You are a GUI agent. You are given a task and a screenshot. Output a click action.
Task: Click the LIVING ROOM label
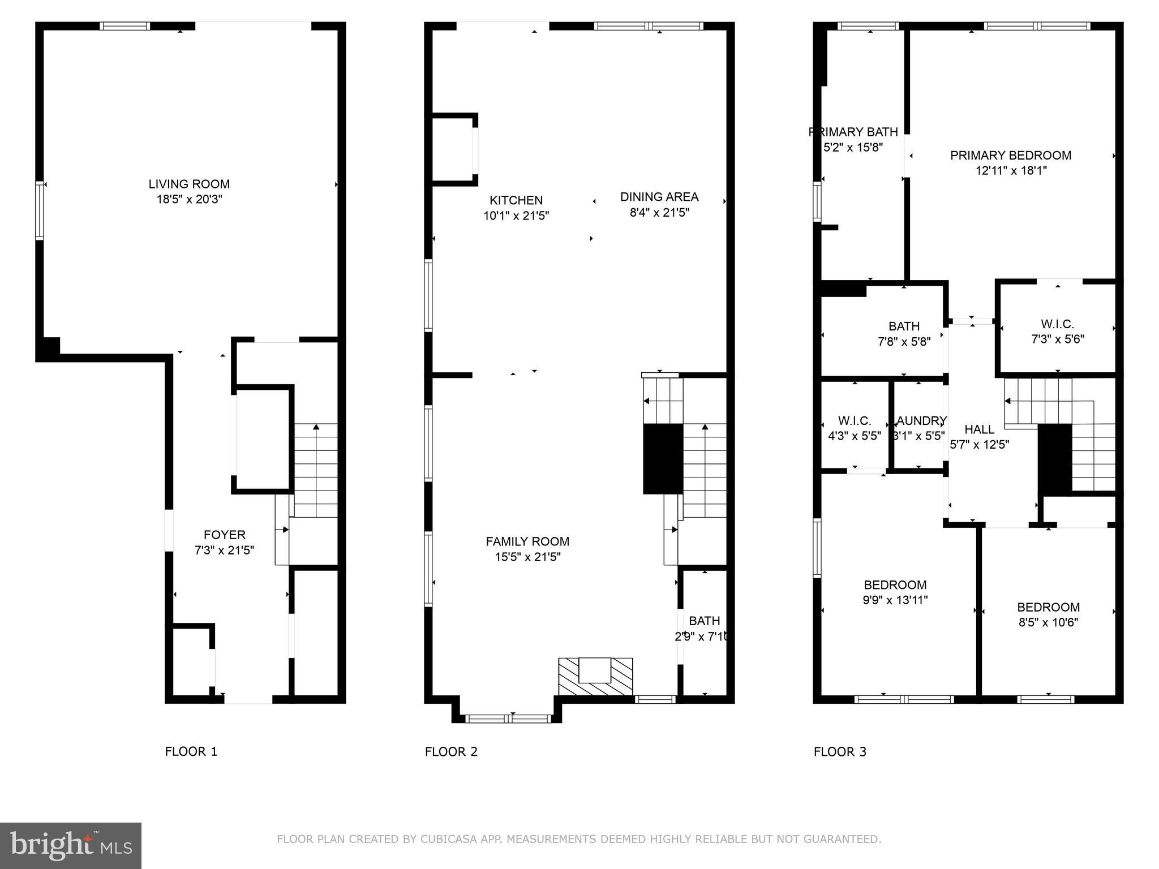(x=189, y=184)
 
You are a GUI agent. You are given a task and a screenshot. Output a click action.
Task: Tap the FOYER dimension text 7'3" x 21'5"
(x=224, y=550)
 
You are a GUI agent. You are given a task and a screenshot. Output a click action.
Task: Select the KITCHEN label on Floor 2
(x=516, y=200)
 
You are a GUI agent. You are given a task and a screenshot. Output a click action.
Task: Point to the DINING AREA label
(x=659, y=197)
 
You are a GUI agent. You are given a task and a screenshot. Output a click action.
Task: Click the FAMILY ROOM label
(x=527, y=541)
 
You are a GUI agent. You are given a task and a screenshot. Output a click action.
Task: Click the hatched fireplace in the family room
(x=595, y=677)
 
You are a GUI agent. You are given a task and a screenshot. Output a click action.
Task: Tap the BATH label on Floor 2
(x=704, y=621)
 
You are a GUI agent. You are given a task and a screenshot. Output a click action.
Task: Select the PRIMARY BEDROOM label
(x=1010, y=155)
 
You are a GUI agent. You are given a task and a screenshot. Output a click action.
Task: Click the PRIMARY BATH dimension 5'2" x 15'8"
(x=853, y=147)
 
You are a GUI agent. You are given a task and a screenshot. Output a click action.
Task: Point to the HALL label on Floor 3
(x=979, y=429)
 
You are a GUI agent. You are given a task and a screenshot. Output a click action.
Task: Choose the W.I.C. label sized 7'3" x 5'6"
(x=1057, y=324)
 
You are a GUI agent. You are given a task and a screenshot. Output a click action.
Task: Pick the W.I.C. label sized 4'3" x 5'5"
(x=854, y=421)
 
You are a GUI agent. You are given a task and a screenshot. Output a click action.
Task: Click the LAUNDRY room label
(x=920, y=421)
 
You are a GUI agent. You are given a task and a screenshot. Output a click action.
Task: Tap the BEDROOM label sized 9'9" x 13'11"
(x=895, y=584)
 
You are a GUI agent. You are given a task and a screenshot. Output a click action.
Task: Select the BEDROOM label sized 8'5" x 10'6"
(x=1048, y=607)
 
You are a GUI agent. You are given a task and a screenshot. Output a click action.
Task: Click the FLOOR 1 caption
(x=191, y=751)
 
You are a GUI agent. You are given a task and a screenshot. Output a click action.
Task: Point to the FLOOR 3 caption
(x=840, y=751)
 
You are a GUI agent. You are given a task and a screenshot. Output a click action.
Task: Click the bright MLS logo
(x=71, y=845)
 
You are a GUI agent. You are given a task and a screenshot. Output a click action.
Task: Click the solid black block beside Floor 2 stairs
(x=663, y=459)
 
